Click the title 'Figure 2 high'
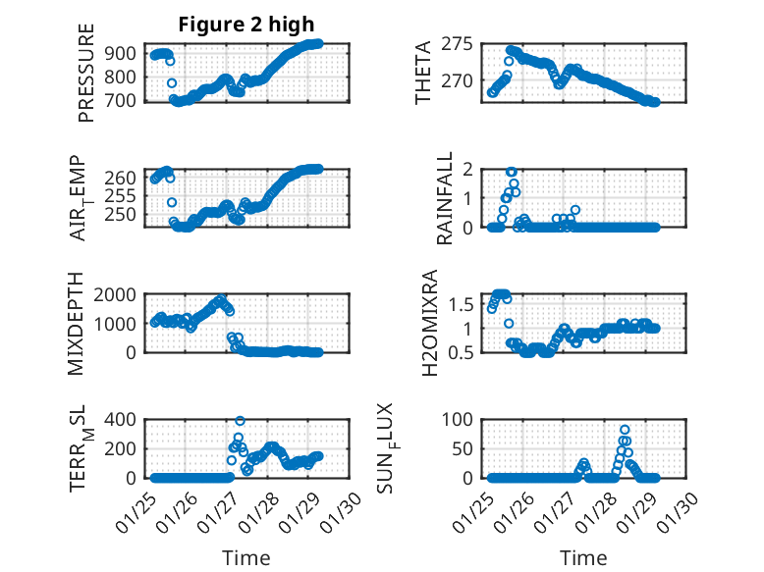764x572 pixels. click(245, 23)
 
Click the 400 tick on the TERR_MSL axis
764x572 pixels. click(122, 419)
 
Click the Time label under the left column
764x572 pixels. click(245, 558)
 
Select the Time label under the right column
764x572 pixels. click(583, 558)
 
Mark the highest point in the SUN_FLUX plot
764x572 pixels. click(625, 430)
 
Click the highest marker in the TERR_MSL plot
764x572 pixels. click(240, 420)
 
